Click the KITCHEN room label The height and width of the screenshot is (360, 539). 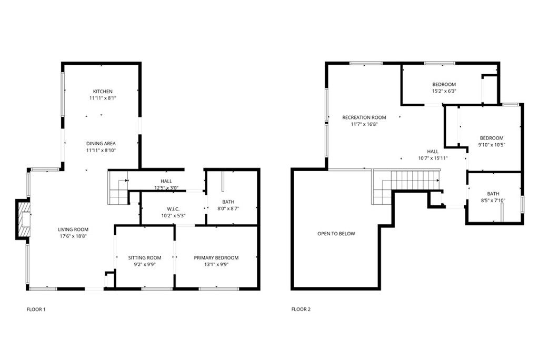click(103, 91)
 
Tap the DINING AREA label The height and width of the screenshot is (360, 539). click(101, 143)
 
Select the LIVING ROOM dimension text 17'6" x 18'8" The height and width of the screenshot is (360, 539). click(73, 236)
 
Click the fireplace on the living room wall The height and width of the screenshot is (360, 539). click(23, 219)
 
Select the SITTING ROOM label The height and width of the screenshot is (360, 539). click(145, 257)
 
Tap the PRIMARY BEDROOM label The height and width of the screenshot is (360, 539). click(216, 257)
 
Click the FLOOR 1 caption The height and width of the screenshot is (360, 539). click(36, 309)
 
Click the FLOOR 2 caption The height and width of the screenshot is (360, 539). click(301, 309)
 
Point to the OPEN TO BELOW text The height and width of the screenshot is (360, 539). click(336, 234)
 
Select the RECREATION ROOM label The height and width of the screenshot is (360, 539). click(364, 117)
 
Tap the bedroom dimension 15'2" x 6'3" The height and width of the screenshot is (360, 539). click(444, 91)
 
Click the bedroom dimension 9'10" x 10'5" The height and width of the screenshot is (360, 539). click(491, 145)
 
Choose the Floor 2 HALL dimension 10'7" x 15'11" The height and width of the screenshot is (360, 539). click(433, 158)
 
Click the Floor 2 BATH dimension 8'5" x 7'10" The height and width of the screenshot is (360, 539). click(493, 200)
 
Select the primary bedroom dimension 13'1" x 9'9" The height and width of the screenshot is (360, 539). click(216, 264)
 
